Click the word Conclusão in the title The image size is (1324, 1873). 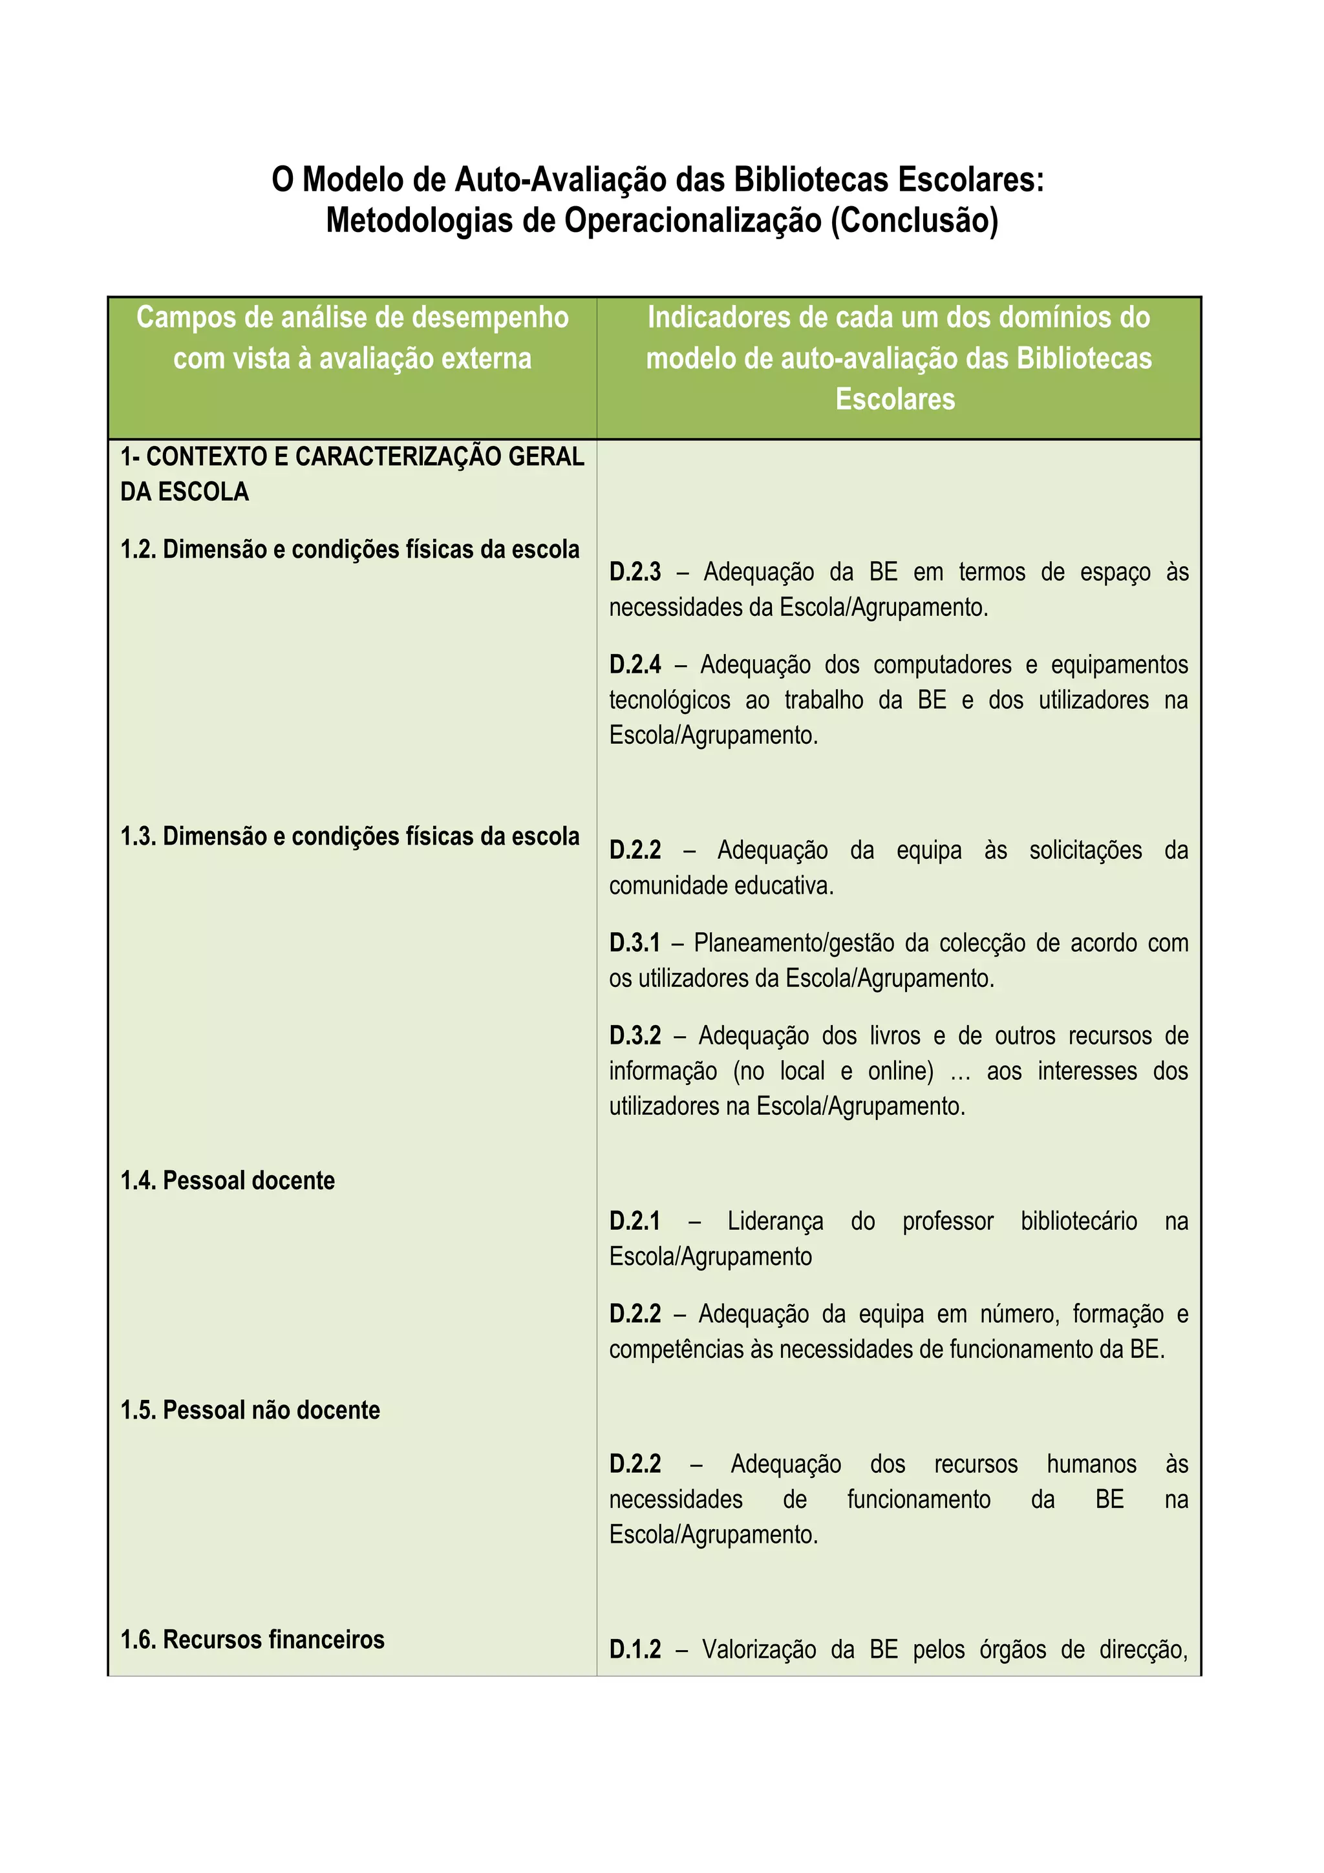coord(915,220)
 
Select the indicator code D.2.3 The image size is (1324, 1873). coord(635,572)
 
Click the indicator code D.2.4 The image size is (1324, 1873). coord(635,665)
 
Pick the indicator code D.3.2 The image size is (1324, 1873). coord(635,1036)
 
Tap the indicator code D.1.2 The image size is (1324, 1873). coord(635,1649)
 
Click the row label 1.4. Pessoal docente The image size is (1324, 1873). coord(228,1180)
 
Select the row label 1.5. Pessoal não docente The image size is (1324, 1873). coord(250,1410)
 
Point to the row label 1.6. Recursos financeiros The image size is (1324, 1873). coord(252,1639)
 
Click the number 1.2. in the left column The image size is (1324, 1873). coord(139,550)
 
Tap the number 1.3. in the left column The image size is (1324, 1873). coord(139,836)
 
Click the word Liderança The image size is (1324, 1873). coord(775,1222)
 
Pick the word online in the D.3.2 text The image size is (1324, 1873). coord(899,1071)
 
